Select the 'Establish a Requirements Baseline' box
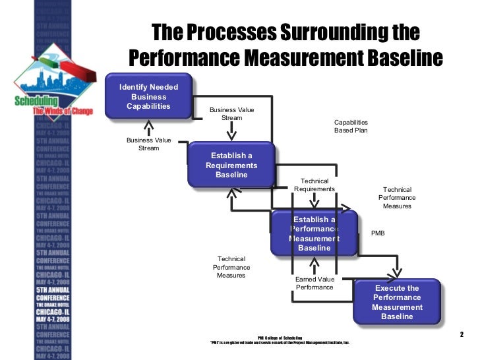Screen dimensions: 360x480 click(231, 165)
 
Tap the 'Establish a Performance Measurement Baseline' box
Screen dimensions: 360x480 click(315, 233)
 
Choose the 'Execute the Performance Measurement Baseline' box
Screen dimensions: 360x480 click(397, 303)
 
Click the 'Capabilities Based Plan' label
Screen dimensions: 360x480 click(351, 127)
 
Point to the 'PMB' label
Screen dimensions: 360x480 click(378, 233)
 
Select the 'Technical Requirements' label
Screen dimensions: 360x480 click(315, 185)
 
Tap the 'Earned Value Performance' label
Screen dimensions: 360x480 click(315, 284)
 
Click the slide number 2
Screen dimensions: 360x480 click(462, 334)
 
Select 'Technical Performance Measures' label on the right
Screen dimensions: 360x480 click(397, 198)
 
